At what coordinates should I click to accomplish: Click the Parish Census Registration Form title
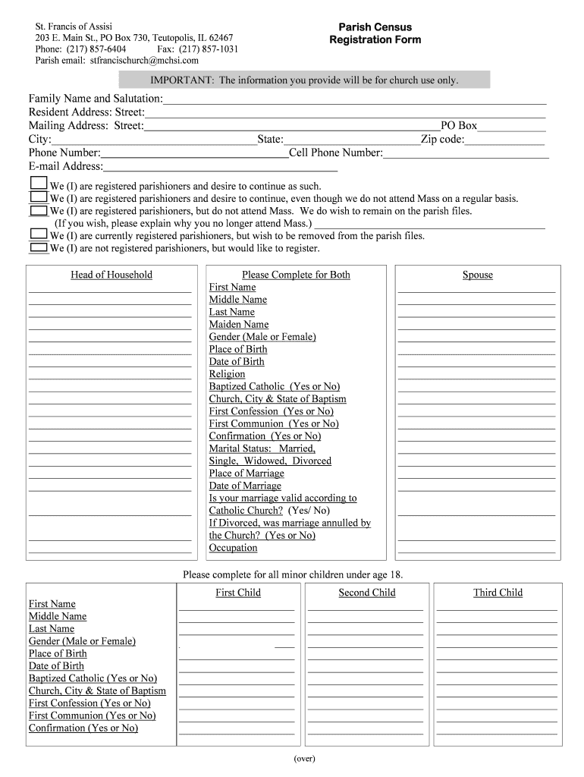[x=375, y=33]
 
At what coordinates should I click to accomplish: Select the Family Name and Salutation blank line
[x=354, y=100]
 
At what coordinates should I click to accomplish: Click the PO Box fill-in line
[x=511, y=127]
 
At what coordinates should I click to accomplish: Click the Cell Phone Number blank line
[x=466, y=154]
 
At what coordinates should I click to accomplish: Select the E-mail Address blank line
[x=220, y=168]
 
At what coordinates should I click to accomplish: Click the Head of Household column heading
[x=111, y=275]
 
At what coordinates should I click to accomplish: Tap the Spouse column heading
[x=478, y=275]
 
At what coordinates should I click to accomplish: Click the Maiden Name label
[x=239, y=324]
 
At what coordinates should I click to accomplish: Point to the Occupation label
[x=234, y=548]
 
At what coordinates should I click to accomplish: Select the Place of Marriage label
[x=246, y=473]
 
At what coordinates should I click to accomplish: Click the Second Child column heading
[x=367, y=593]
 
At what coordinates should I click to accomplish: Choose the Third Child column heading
[x=498, y=593]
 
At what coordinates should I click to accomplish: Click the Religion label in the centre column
[x=228, y=374]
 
